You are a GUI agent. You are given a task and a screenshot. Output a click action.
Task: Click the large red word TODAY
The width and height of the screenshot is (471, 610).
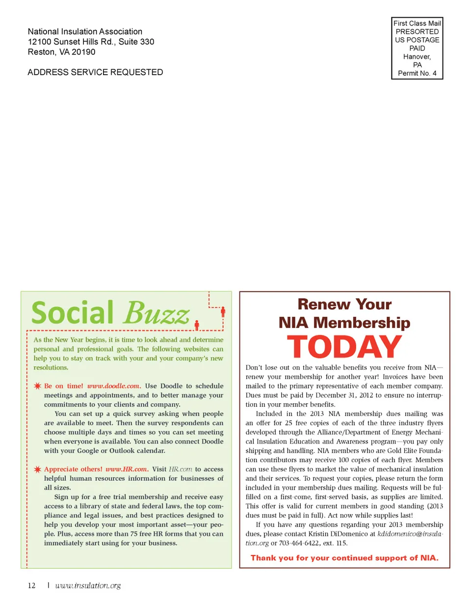tap(344, 347)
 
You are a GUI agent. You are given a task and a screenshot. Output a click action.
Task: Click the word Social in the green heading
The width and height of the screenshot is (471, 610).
tap(73, 313)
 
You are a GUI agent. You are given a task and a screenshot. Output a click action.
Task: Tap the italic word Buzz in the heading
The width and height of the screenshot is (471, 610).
tap(157, 313)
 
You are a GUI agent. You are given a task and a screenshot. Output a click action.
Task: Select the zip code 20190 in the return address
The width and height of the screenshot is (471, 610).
tap(83, 52)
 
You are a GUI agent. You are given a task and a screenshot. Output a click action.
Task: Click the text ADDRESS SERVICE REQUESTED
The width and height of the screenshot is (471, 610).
tap(95, 72)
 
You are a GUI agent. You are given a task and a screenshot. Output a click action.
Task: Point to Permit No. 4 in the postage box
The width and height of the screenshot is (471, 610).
tap(417, 73)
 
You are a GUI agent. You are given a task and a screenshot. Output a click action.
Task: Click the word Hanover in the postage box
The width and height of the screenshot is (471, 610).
tap(417, 56)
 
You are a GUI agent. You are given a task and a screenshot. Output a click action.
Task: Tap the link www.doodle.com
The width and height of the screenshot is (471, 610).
tap(113, 386)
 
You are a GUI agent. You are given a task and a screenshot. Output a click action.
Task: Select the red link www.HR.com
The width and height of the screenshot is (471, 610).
tap(126, 469)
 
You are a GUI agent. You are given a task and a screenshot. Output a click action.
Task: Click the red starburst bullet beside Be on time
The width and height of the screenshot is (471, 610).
tap(37, 386)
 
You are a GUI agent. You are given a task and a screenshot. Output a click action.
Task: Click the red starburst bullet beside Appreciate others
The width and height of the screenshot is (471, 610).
tap(37, 469)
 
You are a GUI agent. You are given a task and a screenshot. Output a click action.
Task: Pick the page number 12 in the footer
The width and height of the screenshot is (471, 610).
tap(32, 585)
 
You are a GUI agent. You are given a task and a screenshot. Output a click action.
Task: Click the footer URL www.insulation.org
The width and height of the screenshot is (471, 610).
tap(88, 585)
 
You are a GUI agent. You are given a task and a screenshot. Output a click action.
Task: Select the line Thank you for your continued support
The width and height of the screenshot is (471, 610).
tap(344, 558)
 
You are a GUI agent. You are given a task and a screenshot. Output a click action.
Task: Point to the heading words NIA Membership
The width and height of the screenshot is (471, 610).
tap(344, 323)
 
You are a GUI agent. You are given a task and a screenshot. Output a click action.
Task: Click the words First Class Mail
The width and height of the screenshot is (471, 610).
tap(417, 23)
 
